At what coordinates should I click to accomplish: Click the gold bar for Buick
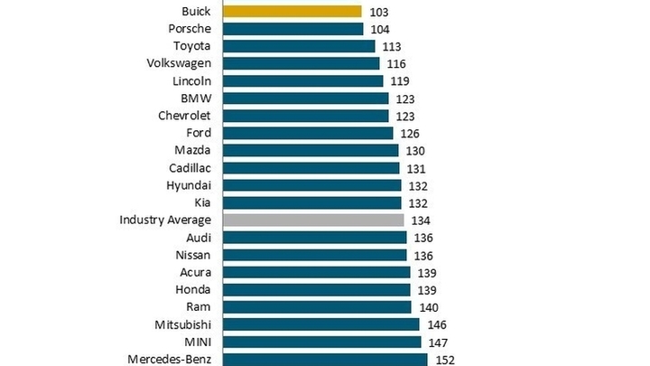click(292, 12)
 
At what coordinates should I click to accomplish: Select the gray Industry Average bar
click(313, 220)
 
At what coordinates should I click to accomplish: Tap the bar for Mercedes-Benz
click(326, 359)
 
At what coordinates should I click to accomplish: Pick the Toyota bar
click(299, 46)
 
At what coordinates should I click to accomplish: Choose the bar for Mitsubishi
click(321, 324)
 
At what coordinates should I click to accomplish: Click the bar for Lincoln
click(303, 80)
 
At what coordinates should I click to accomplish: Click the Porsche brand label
click(190, 29)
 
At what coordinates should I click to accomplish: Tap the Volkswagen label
click(179, 63)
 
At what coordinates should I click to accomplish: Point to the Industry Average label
click(165, 220)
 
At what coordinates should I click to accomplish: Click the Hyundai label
click(189, 185)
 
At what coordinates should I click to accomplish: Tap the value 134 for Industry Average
click(421, 220)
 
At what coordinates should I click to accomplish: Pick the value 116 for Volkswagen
click(396, 63)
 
